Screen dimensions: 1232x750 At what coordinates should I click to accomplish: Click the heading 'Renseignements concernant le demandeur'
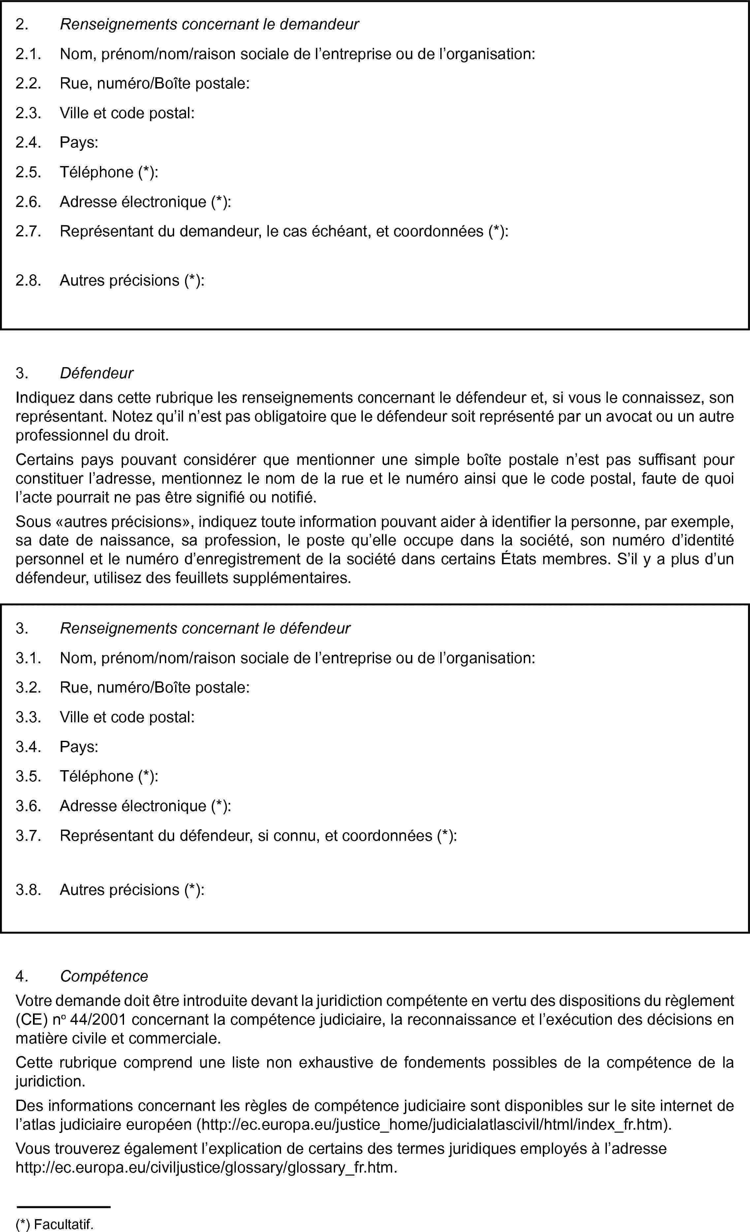pos(209,24)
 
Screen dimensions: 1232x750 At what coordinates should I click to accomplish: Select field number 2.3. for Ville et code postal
pos(28,113)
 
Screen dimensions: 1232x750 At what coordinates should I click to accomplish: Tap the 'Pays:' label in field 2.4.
pos(79,143)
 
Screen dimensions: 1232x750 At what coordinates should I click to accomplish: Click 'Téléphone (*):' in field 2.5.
pos(109,172)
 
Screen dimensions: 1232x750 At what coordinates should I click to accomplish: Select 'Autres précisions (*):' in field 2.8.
pos(132,281)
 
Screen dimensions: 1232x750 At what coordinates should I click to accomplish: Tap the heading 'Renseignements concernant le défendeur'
pos(205,628)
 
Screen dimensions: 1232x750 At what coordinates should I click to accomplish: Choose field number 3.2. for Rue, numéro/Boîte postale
pos(28,688)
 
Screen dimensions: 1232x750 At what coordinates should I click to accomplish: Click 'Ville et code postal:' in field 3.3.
pos(127,717)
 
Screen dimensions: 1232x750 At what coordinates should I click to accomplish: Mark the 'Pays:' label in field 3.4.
pos(79,746)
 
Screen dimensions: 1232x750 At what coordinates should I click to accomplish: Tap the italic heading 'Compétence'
pos(104,976)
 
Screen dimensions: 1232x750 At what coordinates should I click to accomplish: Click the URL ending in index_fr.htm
pos(435,1124)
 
